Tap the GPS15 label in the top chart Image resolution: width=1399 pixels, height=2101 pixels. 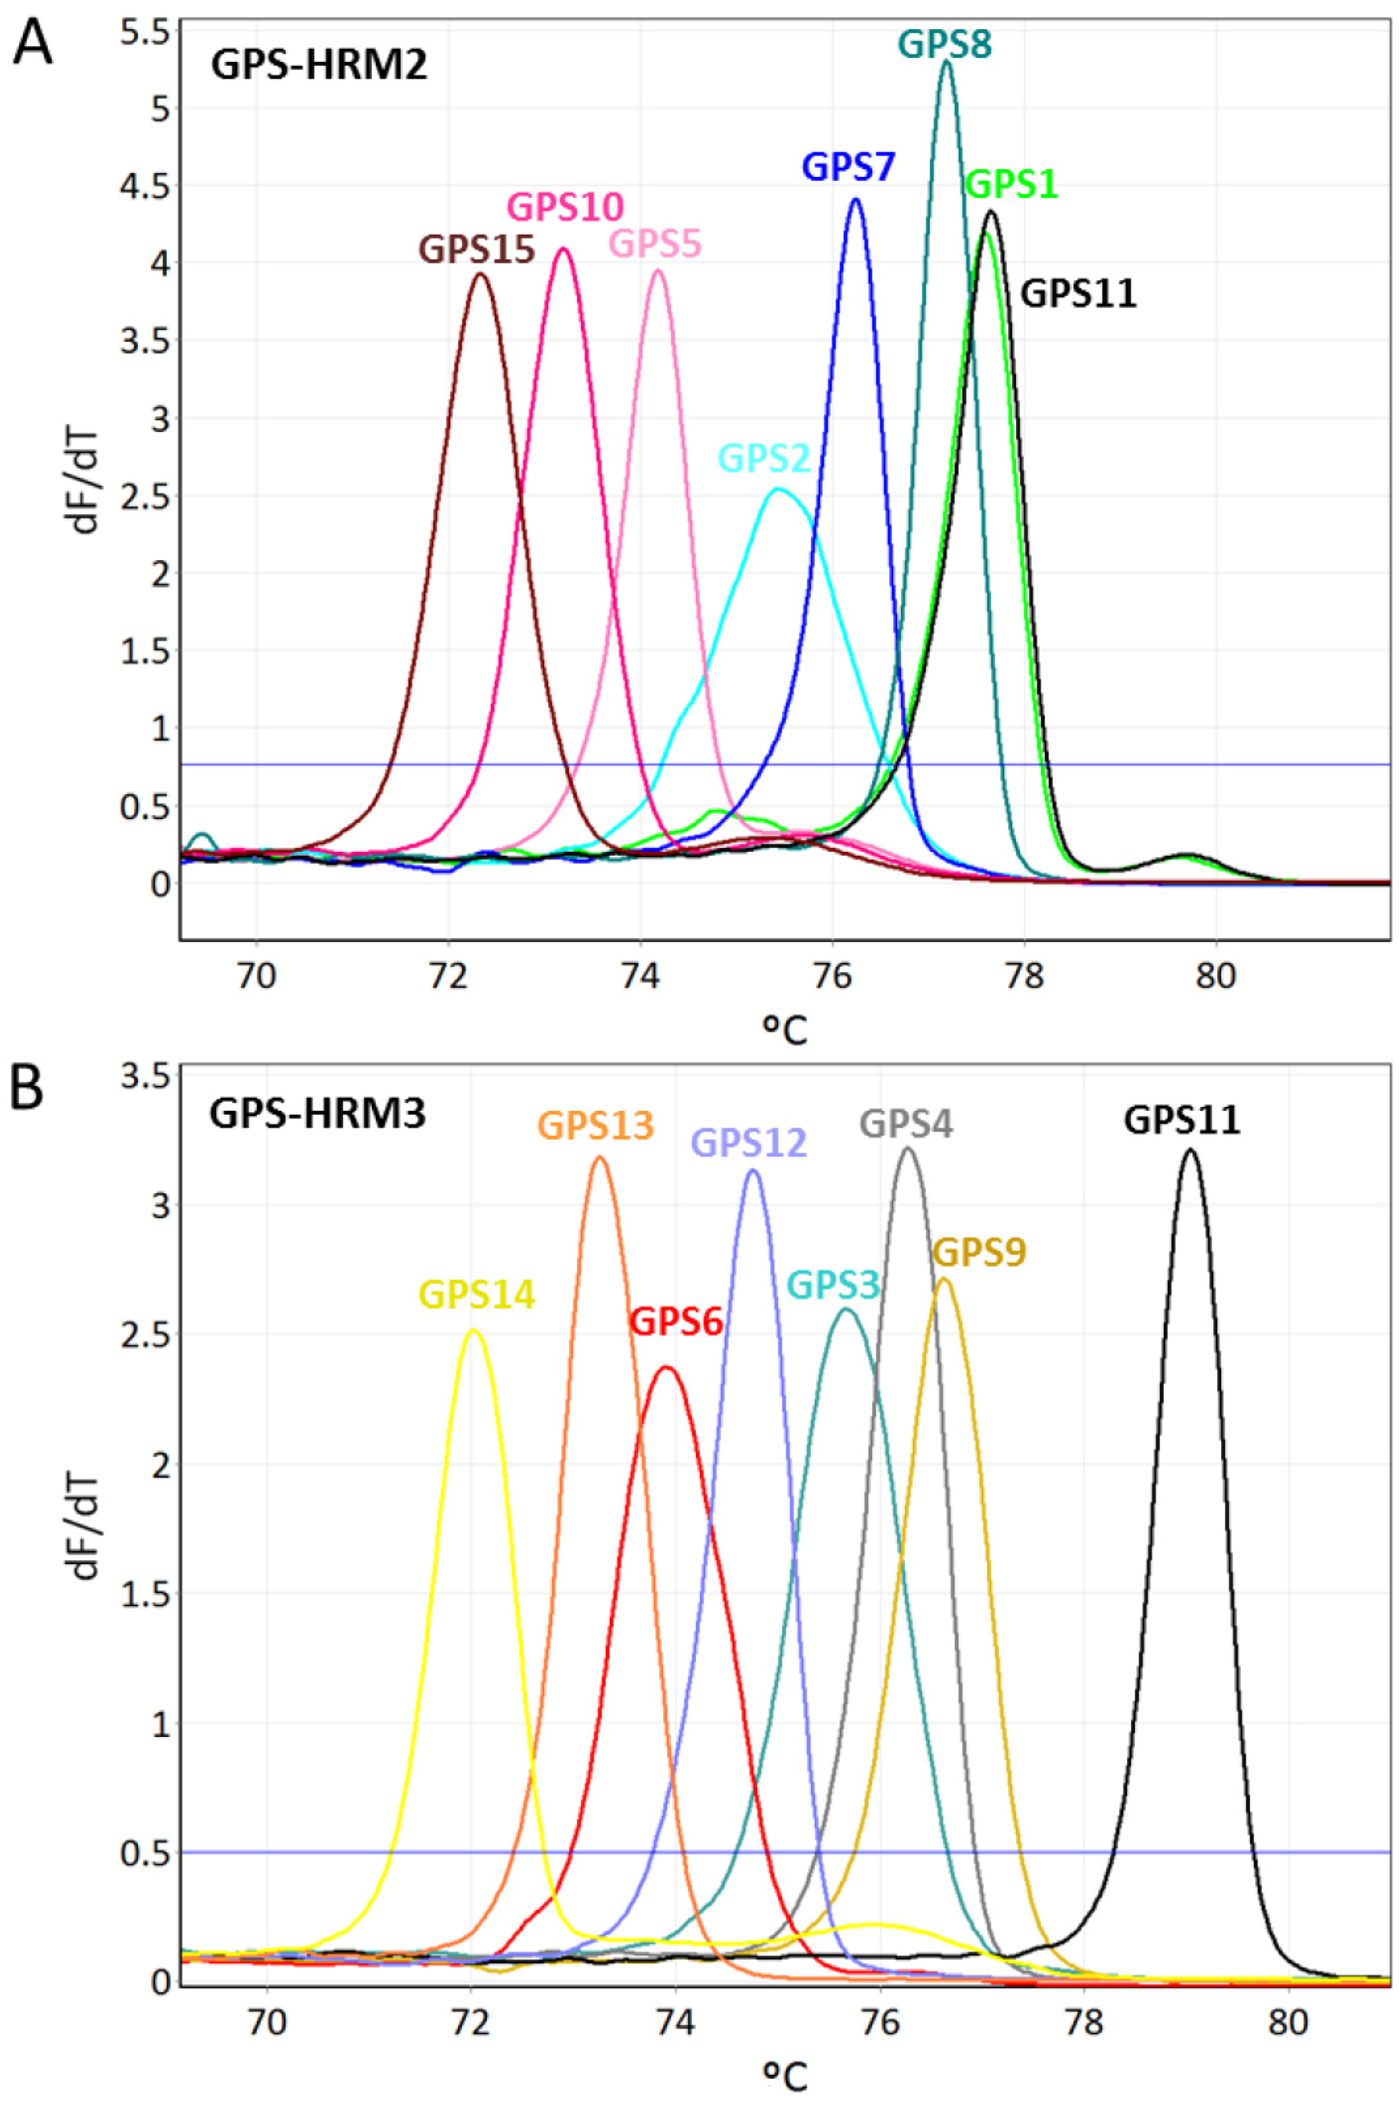(477, 250)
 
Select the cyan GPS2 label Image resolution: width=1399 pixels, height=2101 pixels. (764, 459)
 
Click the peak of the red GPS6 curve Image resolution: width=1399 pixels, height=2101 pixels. (666, 1367)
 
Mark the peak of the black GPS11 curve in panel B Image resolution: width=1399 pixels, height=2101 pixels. (1190, 1150)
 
